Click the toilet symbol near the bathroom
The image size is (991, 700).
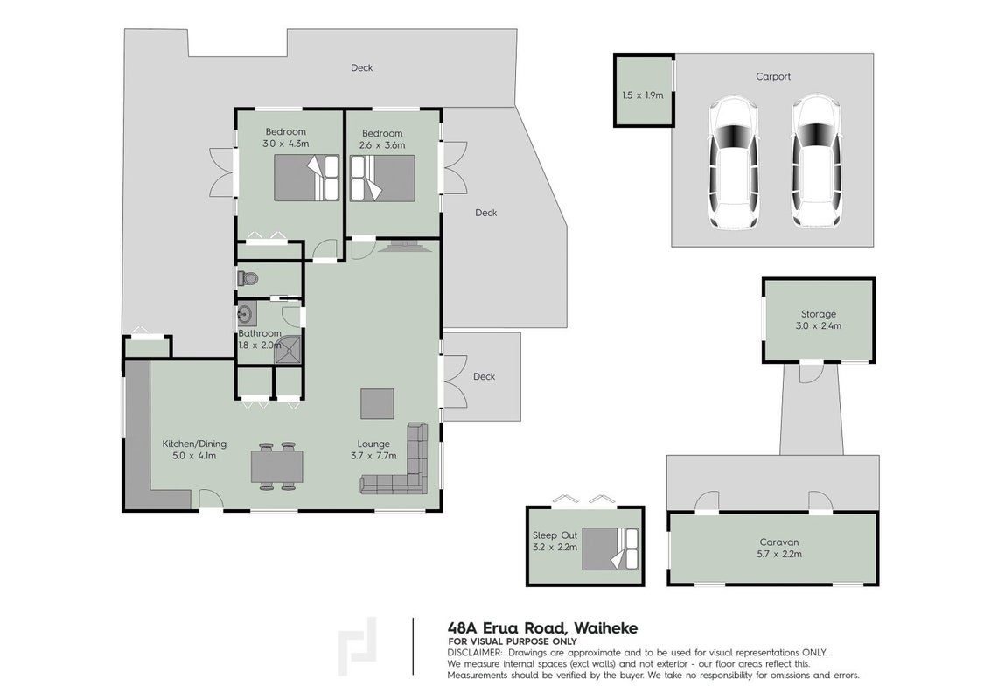248,278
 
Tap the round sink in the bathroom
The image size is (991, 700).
246,313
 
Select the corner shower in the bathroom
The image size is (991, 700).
288,349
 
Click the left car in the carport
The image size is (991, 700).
733,162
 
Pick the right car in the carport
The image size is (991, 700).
817,162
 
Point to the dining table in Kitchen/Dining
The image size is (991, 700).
276,466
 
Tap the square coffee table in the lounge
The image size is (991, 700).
377,404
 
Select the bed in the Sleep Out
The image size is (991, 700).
611,549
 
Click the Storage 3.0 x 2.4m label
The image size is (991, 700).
819,320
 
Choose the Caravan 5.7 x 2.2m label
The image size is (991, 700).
779,549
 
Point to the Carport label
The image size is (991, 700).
773,76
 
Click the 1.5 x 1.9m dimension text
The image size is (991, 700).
643,95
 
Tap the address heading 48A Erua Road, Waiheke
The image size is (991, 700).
542,628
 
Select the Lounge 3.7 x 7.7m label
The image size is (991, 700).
373,450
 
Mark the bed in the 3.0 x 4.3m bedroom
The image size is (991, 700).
307,178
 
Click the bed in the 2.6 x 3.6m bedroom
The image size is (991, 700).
382,179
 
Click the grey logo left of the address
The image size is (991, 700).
357,647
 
